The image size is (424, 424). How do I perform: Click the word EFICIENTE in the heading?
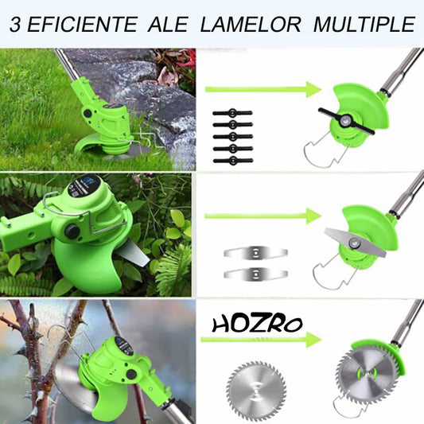82,25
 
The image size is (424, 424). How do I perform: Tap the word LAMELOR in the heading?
251,25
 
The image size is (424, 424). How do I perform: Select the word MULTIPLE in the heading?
364,25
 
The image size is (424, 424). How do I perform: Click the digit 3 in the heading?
15,25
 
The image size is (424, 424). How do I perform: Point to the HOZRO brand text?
257,325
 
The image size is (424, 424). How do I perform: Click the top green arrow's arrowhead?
313,89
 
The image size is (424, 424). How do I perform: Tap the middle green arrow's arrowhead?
313,216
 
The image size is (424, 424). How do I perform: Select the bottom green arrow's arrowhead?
313,340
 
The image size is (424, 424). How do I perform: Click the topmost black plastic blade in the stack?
232,113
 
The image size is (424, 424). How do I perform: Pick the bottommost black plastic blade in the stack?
233,161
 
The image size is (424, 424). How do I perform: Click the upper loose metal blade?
255,252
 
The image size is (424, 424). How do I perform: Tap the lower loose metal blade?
255,274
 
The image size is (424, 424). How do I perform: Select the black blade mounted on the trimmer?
346,121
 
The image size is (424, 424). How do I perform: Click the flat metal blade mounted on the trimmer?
355,242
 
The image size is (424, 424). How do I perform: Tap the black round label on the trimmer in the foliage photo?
80,187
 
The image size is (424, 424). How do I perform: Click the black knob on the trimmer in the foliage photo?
72,231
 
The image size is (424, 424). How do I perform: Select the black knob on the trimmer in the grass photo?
88,113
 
